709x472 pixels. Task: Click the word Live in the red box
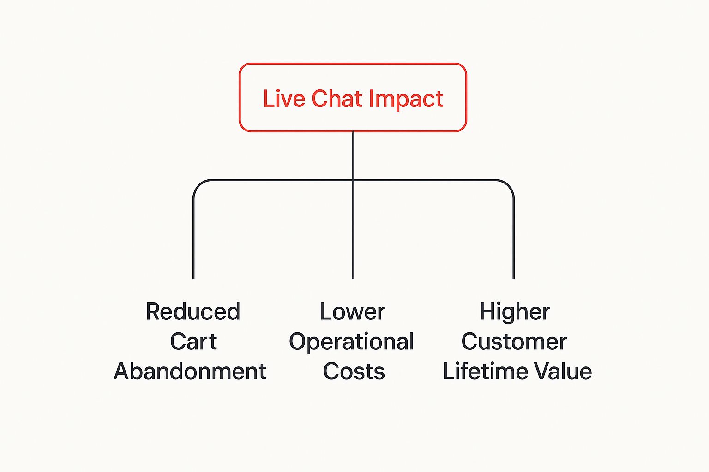284,99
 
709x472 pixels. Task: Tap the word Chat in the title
337,99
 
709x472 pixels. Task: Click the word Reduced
193,312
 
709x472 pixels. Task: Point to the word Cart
193,342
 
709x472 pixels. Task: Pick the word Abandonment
190,371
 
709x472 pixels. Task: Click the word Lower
352,312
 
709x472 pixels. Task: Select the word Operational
351,342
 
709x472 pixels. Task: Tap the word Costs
354,371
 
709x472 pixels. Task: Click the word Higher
515,313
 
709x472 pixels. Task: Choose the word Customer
514,342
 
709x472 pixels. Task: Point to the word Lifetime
485,371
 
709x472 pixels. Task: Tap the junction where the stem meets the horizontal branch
353,180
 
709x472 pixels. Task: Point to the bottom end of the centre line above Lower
353,279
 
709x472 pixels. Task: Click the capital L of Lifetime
448,371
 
